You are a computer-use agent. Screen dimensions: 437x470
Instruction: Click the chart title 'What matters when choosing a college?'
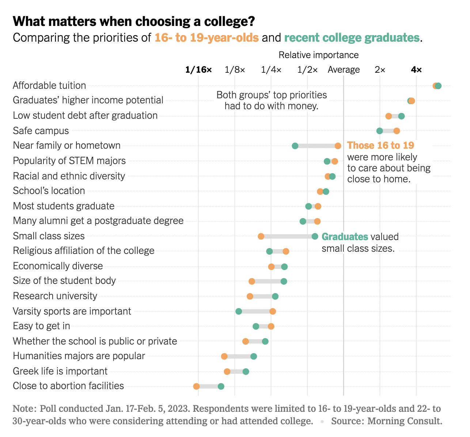point(134,22)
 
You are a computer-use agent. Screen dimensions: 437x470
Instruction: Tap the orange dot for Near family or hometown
point(338,146)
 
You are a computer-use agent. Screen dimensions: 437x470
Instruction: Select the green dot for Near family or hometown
point(295,146)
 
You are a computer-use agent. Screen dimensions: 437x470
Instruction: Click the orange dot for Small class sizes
point(261,236)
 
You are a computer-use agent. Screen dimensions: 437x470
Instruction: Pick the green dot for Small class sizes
point(315,236)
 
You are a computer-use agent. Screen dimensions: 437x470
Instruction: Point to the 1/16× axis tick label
point(198,70)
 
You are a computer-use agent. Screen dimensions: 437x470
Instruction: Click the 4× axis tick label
point(416,70)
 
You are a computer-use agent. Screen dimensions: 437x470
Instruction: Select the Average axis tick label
point(344,70)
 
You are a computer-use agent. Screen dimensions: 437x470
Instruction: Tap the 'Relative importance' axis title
point(318,55)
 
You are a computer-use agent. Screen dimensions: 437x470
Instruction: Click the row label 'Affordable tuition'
point(49,85)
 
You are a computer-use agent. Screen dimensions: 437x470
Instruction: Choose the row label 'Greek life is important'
point(60,371)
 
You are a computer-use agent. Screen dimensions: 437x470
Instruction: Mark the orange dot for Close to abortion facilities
point(196,386)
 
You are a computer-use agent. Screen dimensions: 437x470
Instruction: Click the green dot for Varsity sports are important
point(239,311)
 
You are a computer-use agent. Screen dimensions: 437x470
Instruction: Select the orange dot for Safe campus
point(397,131)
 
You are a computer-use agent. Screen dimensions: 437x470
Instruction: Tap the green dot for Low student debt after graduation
point(401,116)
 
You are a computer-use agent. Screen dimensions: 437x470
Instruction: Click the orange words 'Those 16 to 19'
point(380,145)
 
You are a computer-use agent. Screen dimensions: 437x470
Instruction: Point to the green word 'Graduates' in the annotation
point(345,237)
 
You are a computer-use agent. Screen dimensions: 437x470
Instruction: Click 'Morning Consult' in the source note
point(405,421)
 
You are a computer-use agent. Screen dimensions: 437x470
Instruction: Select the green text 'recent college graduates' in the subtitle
point(352,38)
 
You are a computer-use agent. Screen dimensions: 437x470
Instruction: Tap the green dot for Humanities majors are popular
point(254,356)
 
